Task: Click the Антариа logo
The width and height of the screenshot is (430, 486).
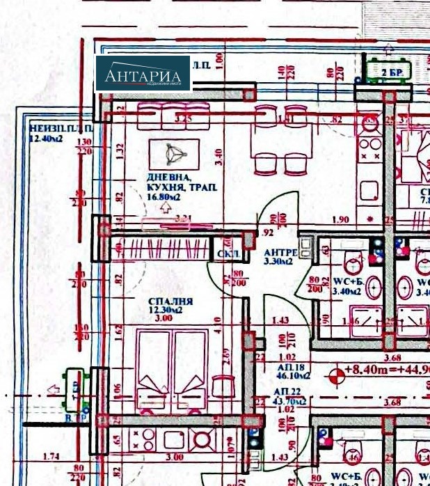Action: click(143, 74)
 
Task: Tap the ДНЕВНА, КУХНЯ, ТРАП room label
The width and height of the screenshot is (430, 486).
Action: click(182, 183)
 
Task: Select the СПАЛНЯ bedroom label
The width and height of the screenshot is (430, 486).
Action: click(170, 302)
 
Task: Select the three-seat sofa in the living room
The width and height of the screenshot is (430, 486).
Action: click(173, 116)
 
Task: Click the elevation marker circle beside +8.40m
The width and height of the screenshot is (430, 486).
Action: click(337, 375)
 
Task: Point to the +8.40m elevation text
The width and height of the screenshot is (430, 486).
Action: click(369, 370)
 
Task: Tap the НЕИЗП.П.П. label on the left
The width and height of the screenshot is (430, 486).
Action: click(50, 130)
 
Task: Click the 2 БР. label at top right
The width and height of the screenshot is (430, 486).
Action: click(393, 72)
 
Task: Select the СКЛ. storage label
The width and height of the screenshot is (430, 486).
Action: click(224, 254)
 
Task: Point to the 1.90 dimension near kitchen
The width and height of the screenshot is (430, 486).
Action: click(340, 220)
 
